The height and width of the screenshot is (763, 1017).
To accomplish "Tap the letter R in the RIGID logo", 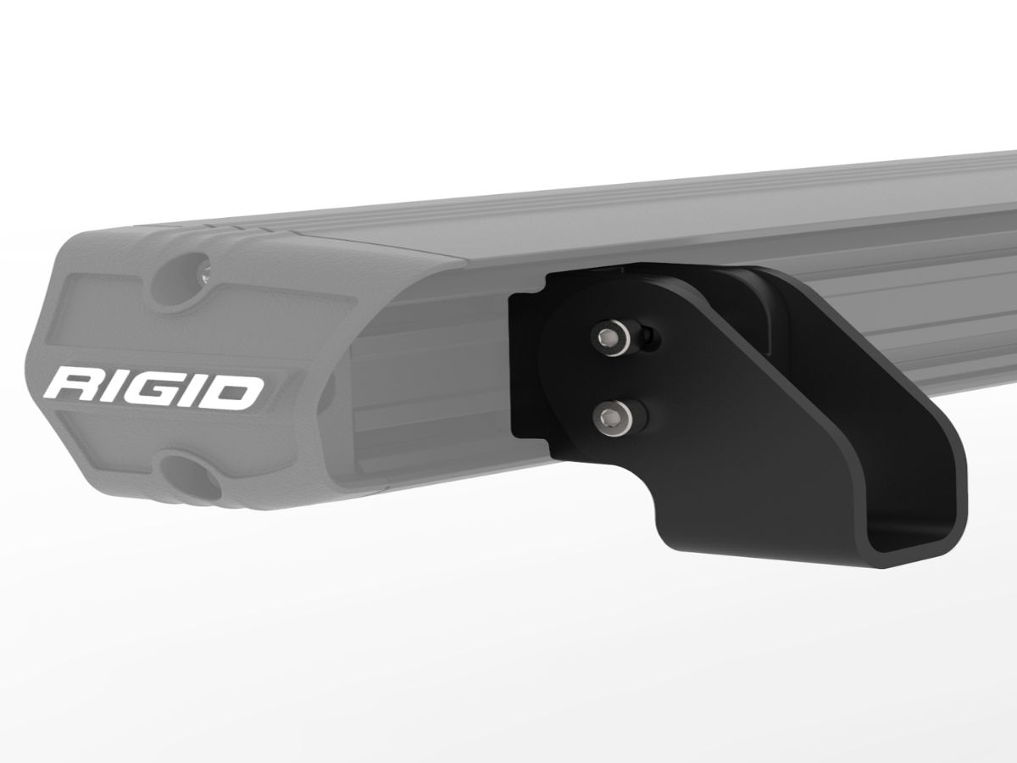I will (x=72, y=388).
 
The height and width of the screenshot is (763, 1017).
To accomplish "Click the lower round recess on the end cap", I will (x=189, y=475).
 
